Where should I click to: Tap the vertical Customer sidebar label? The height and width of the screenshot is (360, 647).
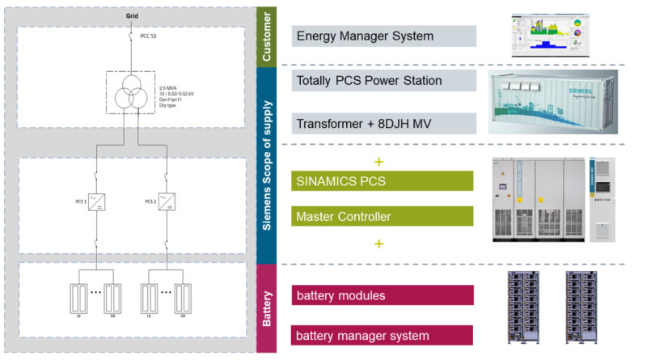pyautogui.click(x=266, y=36)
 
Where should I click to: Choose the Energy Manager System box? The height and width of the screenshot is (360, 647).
pyautogui.click(x=383, y=36)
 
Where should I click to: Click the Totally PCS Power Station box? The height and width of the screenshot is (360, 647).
pyautogui.click(x=383, y=80)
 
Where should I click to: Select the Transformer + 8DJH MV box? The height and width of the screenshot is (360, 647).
pyautogui.click(x=383, y=123)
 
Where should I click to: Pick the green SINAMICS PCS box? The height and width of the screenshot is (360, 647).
pyautogui.click(x=383, y=180)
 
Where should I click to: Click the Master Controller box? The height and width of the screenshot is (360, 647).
pyautogui.click(x=383, y=216)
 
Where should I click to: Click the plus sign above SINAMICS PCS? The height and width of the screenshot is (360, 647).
pyautogui.click(x=378, y=161)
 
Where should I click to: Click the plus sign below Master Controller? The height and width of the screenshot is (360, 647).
pyautogui.click(x=378, y=243)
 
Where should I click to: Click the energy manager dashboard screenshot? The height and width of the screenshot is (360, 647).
pyautogui.click(x=552, y=36)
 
